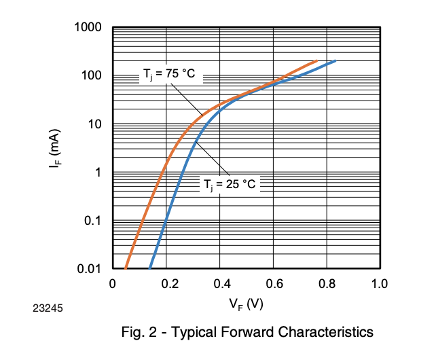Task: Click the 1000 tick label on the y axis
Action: pyautogui.click(x=88, y=28)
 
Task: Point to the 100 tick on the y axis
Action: pyautogui.click(x=92, y=75)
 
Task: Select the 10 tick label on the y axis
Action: pyautogui.click(x=94, y=124)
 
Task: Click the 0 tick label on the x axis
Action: pyautogui.click(x=113, y=283)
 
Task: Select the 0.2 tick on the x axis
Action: pyautogui.click(x=166, y=283)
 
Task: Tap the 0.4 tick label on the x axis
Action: pyautogui.click(x=219, y=283)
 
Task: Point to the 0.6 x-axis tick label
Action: pyautogui.click(x=272, y=283)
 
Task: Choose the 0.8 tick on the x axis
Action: pyautogui.click(x=326, y=283)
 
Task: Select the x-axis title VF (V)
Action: pyautogui.click(x=246, y=304)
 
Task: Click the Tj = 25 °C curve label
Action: pyautogui.click(x=230, y=184)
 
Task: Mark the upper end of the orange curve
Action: pyautogui.click(x=316, y=60)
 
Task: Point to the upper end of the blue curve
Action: pyautogui.click(x=335, y=61)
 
